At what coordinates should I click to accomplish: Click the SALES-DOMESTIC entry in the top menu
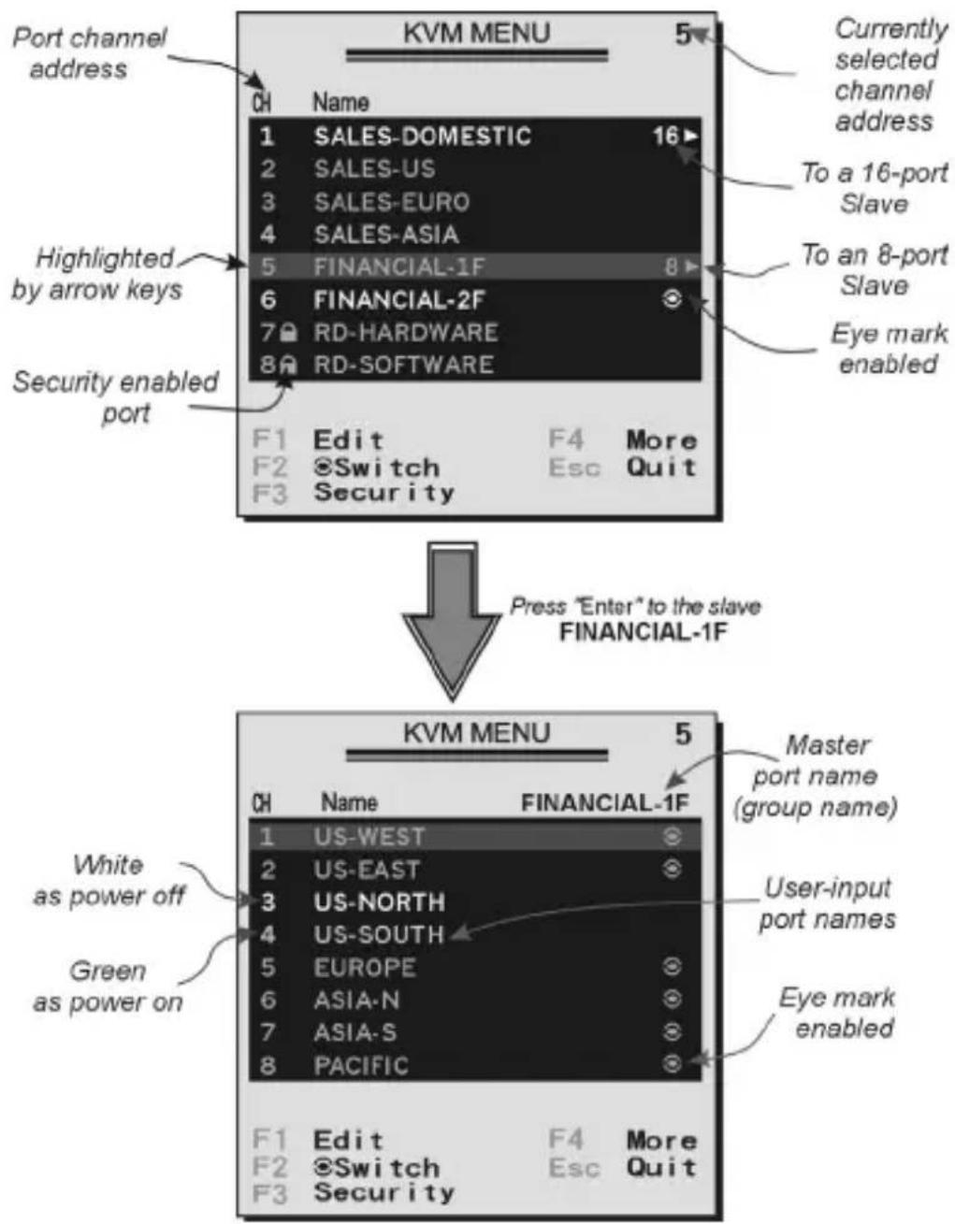coord(423,136)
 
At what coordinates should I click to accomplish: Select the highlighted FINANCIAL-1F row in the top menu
coord(475,266)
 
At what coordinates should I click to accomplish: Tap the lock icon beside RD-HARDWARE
coord(288,332)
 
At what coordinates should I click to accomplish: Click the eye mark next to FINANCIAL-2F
coord(672,299)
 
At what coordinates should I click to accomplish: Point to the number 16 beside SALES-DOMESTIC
coord(665,136)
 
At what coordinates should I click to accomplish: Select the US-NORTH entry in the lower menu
coord(379,901)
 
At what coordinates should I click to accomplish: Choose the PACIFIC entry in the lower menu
coord(361,1065)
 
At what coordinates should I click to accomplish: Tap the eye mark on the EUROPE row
coord(672,967)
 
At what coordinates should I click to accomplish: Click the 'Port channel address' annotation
coord(90,53)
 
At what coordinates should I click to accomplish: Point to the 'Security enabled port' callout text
coord(115,397)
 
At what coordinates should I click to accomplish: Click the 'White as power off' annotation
coord(109,880)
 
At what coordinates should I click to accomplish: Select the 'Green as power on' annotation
coord(108,986)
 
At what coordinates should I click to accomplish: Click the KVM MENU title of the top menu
coord(477,33)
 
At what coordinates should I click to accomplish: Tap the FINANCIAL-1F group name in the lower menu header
coord(605,802)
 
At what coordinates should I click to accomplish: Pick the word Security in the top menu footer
coord(384,492)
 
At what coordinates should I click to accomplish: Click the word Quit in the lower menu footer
coord(661,1167)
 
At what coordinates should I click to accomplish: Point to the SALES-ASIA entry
coord(386,234)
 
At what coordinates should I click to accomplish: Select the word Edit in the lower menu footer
coord(349,1141)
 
